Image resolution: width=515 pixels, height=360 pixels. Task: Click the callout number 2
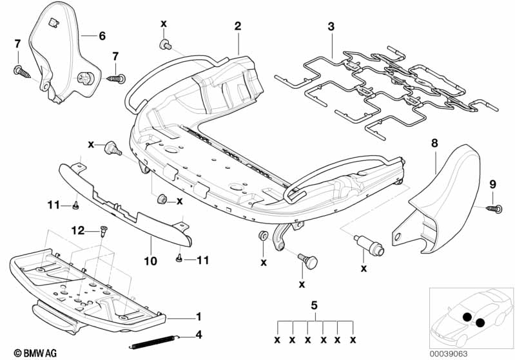click(237, 26)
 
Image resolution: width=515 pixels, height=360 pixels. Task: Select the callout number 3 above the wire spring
click(331, 26)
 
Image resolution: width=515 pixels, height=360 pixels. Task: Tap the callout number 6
click(102, 36)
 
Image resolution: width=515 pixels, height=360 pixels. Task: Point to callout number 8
click(434, 143)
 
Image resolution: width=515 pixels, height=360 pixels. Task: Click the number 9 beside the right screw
click(492, 184)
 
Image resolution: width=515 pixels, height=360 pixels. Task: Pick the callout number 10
click(151, 261)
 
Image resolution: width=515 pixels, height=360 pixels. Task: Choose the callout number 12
click(78, 231)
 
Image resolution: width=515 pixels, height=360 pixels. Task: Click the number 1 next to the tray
click(199, 317)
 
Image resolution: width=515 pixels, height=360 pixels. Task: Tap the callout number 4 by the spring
click(199, 335)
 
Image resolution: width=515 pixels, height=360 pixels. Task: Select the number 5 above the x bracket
click(314, 305)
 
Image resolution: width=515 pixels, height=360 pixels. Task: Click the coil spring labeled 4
click(153, 342)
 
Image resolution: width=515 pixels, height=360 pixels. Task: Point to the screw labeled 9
click(494, 208)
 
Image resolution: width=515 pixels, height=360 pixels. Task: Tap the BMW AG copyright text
click(35, 353)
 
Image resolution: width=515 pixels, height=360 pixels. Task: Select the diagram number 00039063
click(449, 354)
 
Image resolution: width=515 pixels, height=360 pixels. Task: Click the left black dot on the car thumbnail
click(467, 317)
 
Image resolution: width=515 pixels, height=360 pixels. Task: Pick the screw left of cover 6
click(22, 73)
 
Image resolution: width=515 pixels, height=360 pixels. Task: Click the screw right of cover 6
click(115, 79)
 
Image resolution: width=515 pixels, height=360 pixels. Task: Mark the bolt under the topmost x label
click(165, 45)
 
